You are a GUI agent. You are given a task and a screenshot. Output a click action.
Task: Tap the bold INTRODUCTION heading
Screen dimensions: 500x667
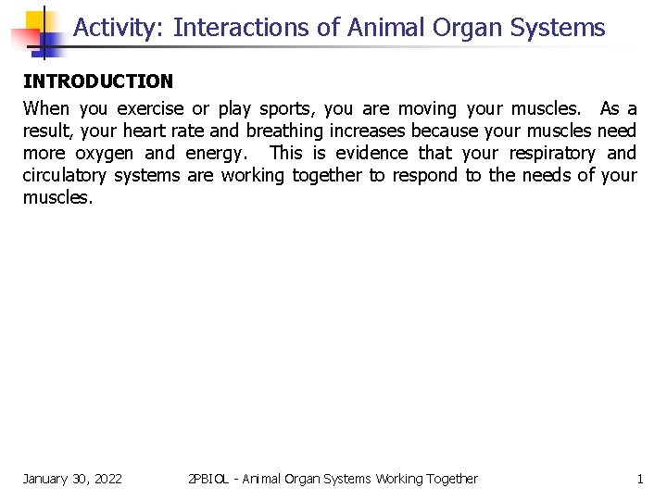pos(98,81)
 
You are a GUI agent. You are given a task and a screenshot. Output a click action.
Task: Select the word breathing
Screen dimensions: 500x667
pos(288,131)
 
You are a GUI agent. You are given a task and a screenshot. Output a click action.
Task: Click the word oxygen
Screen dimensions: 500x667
pos(104,153)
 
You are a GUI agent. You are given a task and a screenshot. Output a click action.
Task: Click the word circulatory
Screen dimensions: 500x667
pos(64,175)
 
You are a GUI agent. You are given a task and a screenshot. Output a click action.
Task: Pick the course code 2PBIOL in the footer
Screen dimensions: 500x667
pos(210,479)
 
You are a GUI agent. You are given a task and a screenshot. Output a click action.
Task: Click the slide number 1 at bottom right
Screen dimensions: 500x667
pos(639,479)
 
